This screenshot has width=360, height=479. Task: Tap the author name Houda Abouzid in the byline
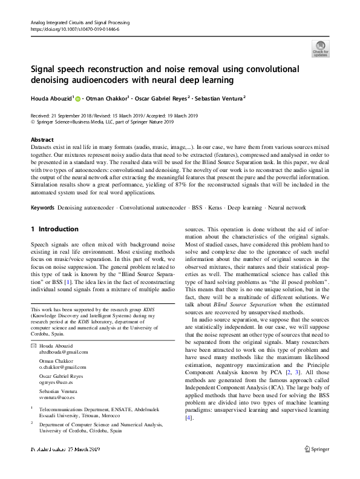click(x=51, y=97)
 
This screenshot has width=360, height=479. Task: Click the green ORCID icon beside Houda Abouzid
click(x=78, y=98)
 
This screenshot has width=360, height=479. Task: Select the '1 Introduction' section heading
click(x=54, y=229)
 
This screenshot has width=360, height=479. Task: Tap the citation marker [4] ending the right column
click(x=189, y=418)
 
